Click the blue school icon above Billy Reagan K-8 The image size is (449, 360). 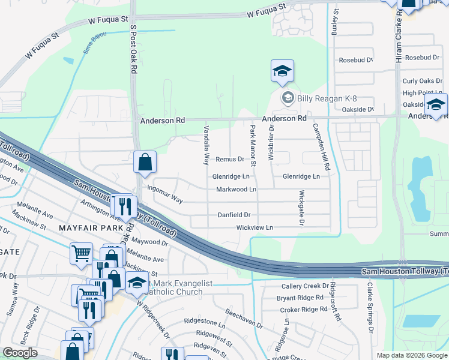(x=282, y=73)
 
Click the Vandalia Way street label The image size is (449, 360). (x=206, y=148)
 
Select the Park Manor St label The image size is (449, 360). (x=253, y=147)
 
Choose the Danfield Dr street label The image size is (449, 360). (x=234, y=215)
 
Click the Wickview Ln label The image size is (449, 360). (x=255, y=228)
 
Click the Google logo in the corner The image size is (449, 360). (x=20, y=353)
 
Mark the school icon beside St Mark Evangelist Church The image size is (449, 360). (x=137, y=284)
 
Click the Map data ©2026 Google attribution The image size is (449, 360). (x=412, y=355)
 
